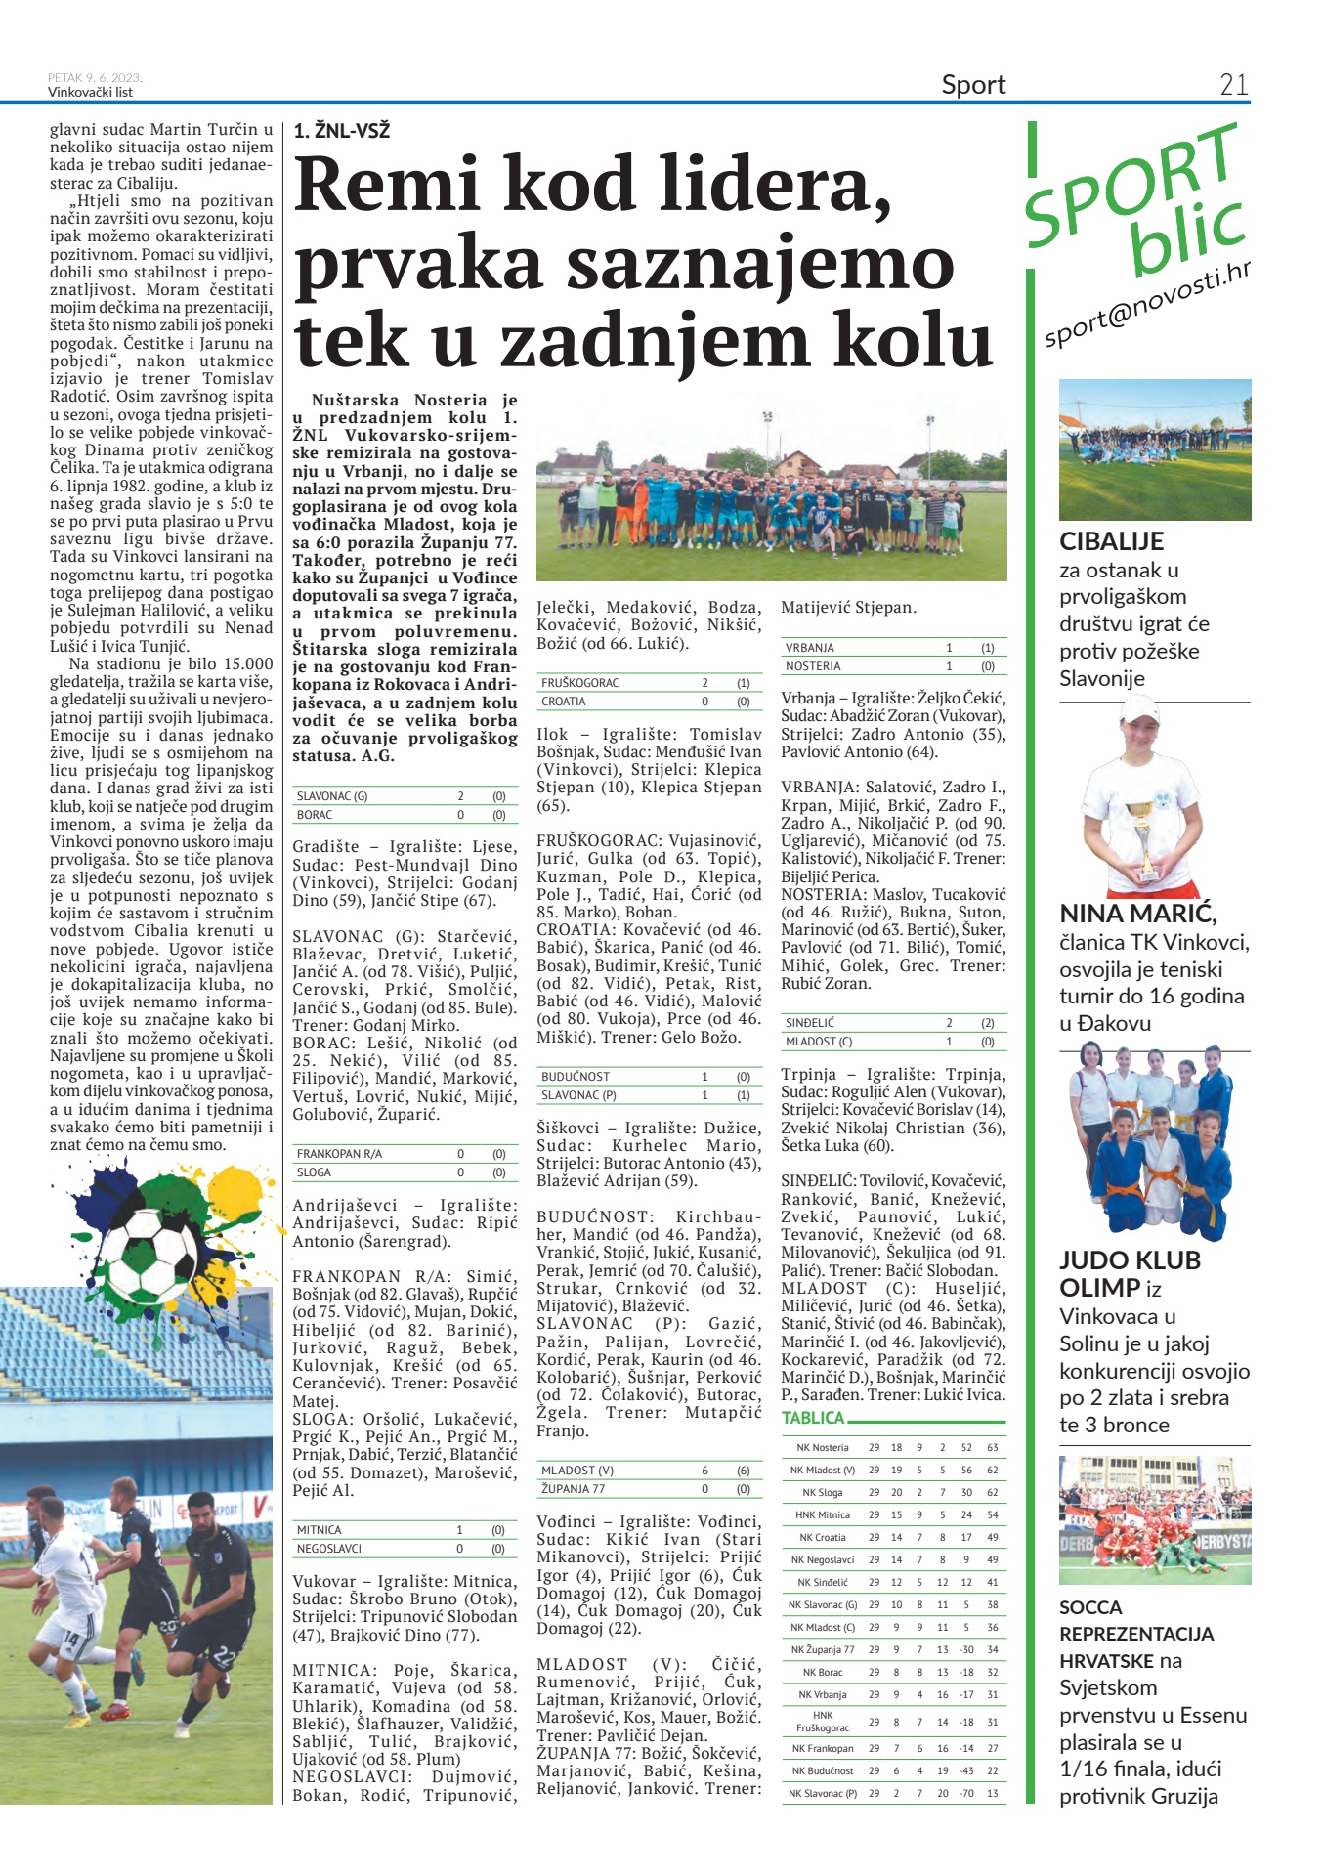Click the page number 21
[1233, 85]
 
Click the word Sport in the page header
[973, 85]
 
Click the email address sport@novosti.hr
[1147, 307]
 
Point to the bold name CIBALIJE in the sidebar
[1111, 541]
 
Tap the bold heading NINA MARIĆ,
[1138, 914]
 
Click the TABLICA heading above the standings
[813, 1418]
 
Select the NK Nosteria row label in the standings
[823, 1447]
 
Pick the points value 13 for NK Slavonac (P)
[992, 1793]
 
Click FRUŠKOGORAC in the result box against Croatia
[580, 683]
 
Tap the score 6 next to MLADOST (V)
[704, 1471]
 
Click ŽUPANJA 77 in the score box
[574, 1489]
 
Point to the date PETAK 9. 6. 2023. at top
[95, 78]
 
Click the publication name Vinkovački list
[90, 93]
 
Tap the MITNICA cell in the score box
[320, 1530]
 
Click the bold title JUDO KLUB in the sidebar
[1130, 1260]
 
